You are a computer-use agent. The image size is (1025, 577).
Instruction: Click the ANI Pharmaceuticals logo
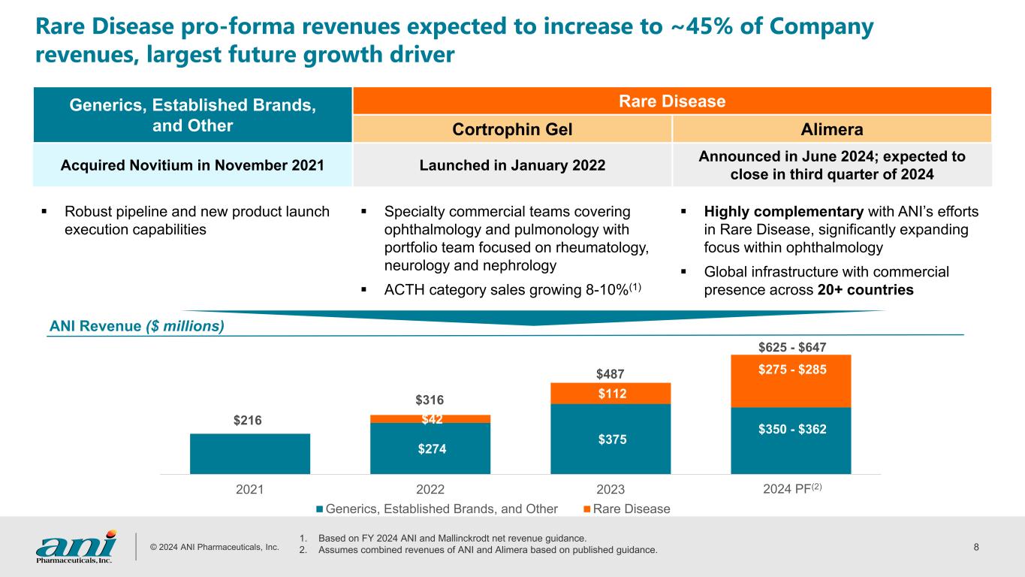(76, 546)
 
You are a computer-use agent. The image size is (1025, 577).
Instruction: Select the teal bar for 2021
(250, 454)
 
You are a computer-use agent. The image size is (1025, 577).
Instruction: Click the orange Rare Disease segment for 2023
(610, 394)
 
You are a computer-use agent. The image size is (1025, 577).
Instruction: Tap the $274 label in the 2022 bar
(430, 449)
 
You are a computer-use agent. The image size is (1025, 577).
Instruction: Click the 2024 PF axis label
(791, 491)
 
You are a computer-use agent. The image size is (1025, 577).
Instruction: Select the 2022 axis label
(430, 491)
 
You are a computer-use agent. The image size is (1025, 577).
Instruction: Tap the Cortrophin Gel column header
(512, 129)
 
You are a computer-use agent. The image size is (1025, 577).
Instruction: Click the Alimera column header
(832, 129)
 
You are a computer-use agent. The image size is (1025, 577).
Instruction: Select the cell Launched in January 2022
(512, 165)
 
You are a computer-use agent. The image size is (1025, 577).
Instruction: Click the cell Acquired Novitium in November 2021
(193, 165)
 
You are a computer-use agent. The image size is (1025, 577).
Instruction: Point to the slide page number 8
(976, 547)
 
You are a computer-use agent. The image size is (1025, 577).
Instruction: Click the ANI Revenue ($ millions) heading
(137, 326)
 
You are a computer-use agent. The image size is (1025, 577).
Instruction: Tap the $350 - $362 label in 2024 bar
(791, 430)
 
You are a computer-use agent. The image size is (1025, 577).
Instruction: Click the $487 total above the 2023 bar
(610, 373)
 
